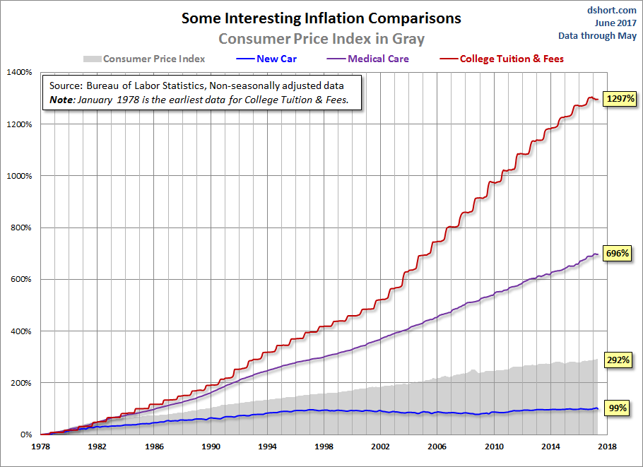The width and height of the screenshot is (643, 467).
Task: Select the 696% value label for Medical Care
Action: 618,253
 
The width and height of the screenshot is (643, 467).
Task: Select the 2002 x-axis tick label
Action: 380,447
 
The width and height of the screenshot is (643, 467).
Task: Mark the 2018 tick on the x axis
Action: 607,447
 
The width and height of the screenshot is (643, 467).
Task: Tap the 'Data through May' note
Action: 597,35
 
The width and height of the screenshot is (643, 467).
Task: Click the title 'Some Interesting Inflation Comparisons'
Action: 321,18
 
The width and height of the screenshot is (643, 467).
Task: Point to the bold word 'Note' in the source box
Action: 62,100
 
